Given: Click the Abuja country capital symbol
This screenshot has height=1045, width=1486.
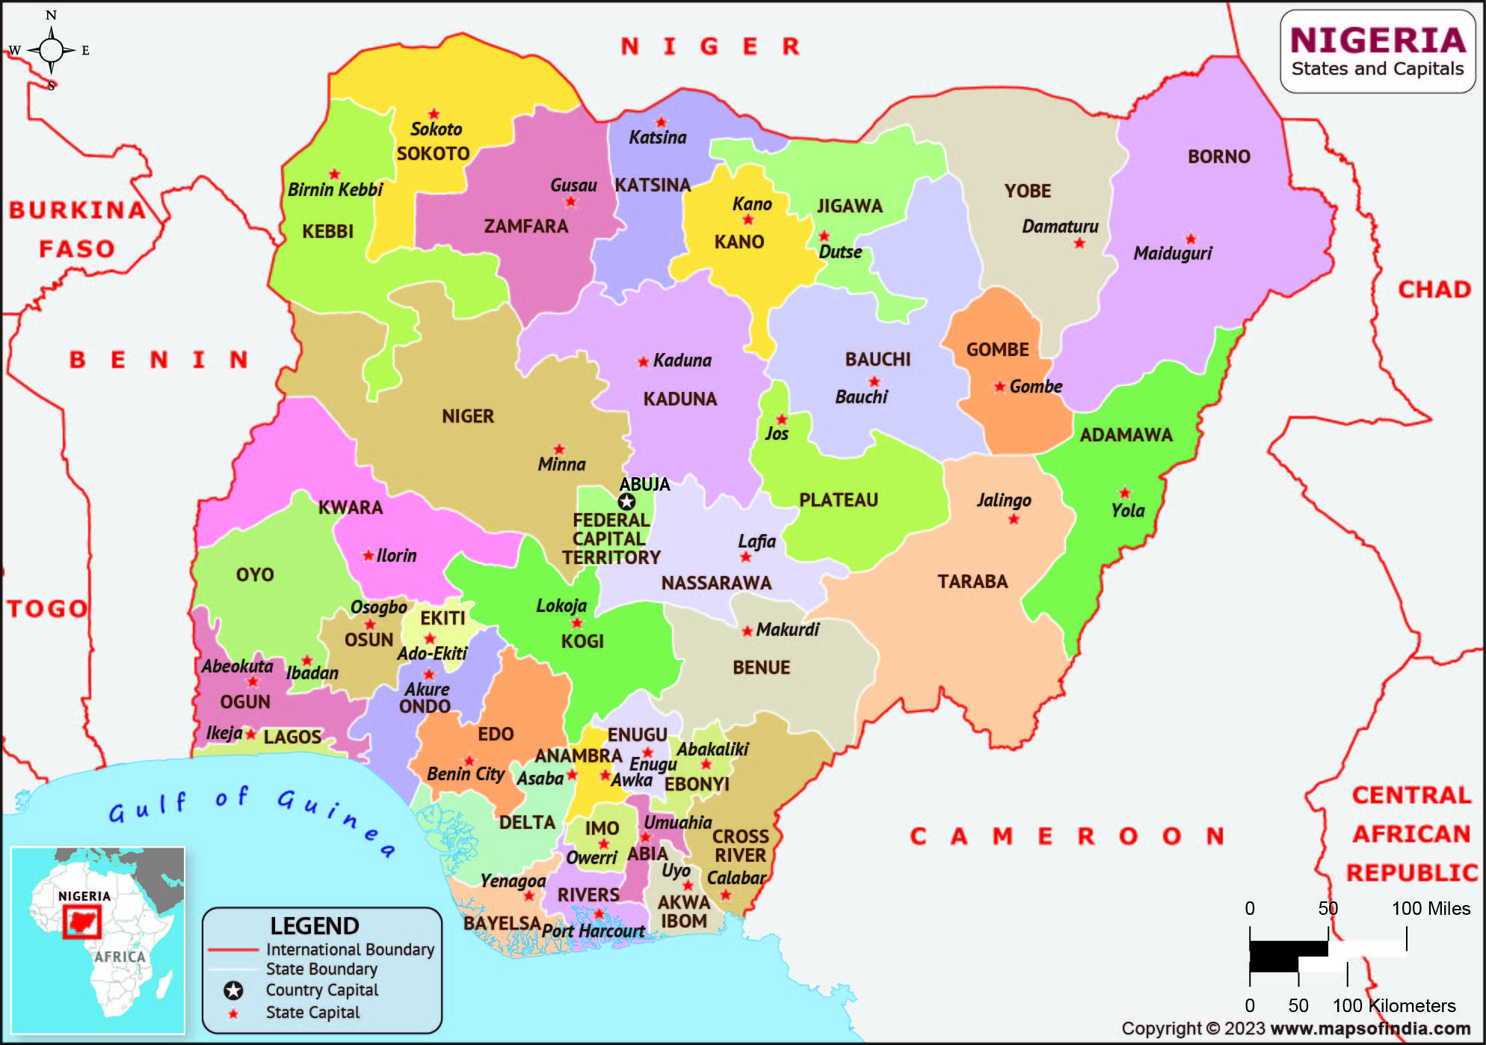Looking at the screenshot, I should [x=626, y=502].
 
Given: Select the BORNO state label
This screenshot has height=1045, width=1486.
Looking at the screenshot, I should [x=1218, y=156].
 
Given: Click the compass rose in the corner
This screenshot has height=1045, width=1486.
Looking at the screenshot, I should [x=51, y=50].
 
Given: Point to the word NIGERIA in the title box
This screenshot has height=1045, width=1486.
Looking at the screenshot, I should [x=1378, y=40].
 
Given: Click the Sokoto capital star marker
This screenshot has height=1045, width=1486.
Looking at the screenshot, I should [x=434, y=114].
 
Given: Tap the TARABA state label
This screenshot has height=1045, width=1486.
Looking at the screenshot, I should [x=972, y=581].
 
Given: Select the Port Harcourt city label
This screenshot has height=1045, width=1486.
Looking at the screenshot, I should [x=593, y=931].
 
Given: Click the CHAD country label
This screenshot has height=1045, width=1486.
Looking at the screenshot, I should [x=1434, y=289].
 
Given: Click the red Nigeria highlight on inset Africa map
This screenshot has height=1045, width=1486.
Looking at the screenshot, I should [x=81, y=922].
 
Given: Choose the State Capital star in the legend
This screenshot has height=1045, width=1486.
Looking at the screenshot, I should [x=233, y=1014].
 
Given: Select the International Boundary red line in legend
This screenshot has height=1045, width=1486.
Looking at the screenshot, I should [x=232, y=950].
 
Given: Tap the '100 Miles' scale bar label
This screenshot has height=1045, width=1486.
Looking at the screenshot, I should [x=1430, y=909].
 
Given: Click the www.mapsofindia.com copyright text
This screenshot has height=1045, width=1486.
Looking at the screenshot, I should [x=1370, y=1029].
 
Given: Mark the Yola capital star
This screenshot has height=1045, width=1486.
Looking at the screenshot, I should [x=1124, y=493].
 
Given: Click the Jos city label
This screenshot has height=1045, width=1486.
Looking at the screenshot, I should [x=776, y=434].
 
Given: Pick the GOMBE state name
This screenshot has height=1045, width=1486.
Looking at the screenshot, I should [x=997, y=349].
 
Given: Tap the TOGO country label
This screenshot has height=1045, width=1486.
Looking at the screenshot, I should [x=48, y=608].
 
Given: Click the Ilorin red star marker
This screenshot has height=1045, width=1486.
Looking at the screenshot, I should [x=368, y=556].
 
